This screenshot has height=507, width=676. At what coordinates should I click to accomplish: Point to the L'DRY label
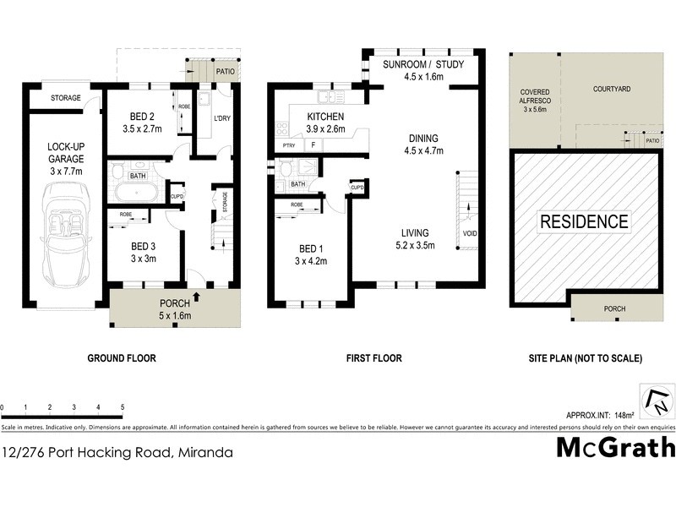pyautogui.click(x=222, y=117)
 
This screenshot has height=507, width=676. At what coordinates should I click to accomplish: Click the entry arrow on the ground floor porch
pyautogui.click(x=196, y=297)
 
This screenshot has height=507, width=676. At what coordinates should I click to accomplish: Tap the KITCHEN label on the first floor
pyautogui.click(x=326, y=117)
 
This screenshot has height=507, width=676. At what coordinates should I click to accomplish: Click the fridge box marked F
pyautogui.click(x=313, y=145)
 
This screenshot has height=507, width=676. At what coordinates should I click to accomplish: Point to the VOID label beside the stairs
pyautogui.click(x=469, y=232)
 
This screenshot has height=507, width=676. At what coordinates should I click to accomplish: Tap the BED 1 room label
pyautogui.click(x=308, y=248)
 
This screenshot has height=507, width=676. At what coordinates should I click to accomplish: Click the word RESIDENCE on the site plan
pyautogui.click(x=584, y=222)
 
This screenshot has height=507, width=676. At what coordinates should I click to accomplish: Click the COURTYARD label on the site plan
pyautogui.click(x=612, y=88)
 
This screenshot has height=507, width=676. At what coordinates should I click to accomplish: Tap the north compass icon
pyautogui.click(x=656, y=401)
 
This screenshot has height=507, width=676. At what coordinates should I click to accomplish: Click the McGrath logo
pyautogui.click(x=614, y=447)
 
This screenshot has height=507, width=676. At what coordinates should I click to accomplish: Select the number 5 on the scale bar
pyautogui.click(x=123, y=407)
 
